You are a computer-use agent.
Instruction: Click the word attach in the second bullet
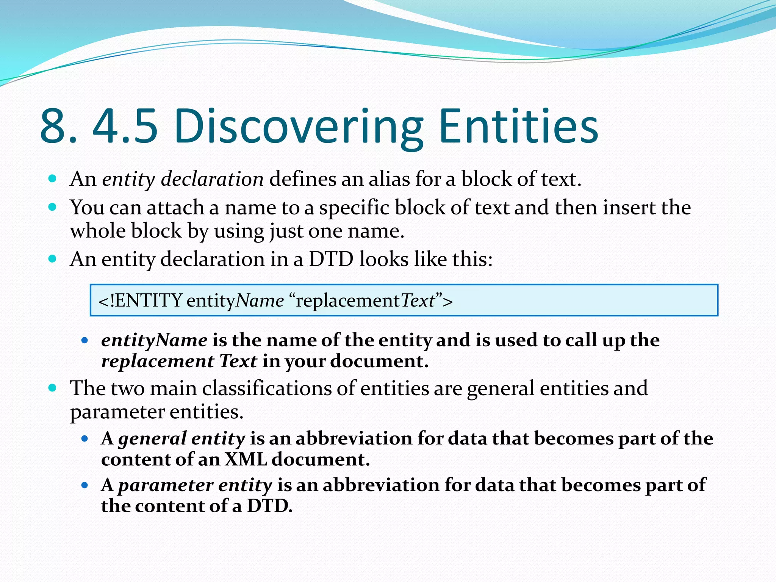tap(175, 208)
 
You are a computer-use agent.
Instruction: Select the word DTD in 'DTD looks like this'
tap(331, 260)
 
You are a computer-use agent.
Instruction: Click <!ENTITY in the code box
tap(141, 300)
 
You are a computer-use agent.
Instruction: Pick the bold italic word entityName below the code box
tap(154, 340)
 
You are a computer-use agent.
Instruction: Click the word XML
tap(246, 459)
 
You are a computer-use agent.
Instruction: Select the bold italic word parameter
tap(166, 485)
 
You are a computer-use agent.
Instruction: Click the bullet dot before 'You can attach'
tap(53, 207)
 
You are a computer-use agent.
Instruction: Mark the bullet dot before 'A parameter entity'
tap(85, 485)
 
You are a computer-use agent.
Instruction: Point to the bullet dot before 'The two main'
tap(53, 388)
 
